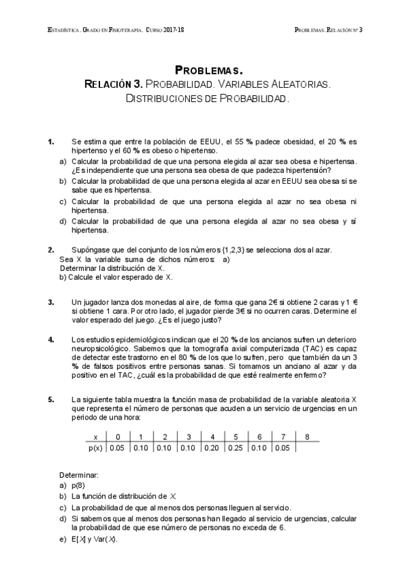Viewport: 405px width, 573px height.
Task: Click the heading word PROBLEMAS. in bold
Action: coord(208,70)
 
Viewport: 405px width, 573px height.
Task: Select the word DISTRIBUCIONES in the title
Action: coord(165,99)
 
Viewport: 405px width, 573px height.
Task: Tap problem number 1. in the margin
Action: coord(51,142)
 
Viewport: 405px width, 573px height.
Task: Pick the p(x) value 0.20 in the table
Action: coord(212,447)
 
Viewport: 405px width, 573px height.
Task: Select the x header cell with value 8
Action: coord(307,437)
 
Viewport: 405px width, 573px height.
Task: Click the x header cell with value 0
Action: coord(118,437)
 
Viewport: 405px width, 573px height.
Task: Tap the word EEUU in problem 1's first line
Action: coord(204,142)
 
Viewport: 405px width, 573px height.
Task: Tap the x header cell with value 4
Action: coord(212,437)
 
